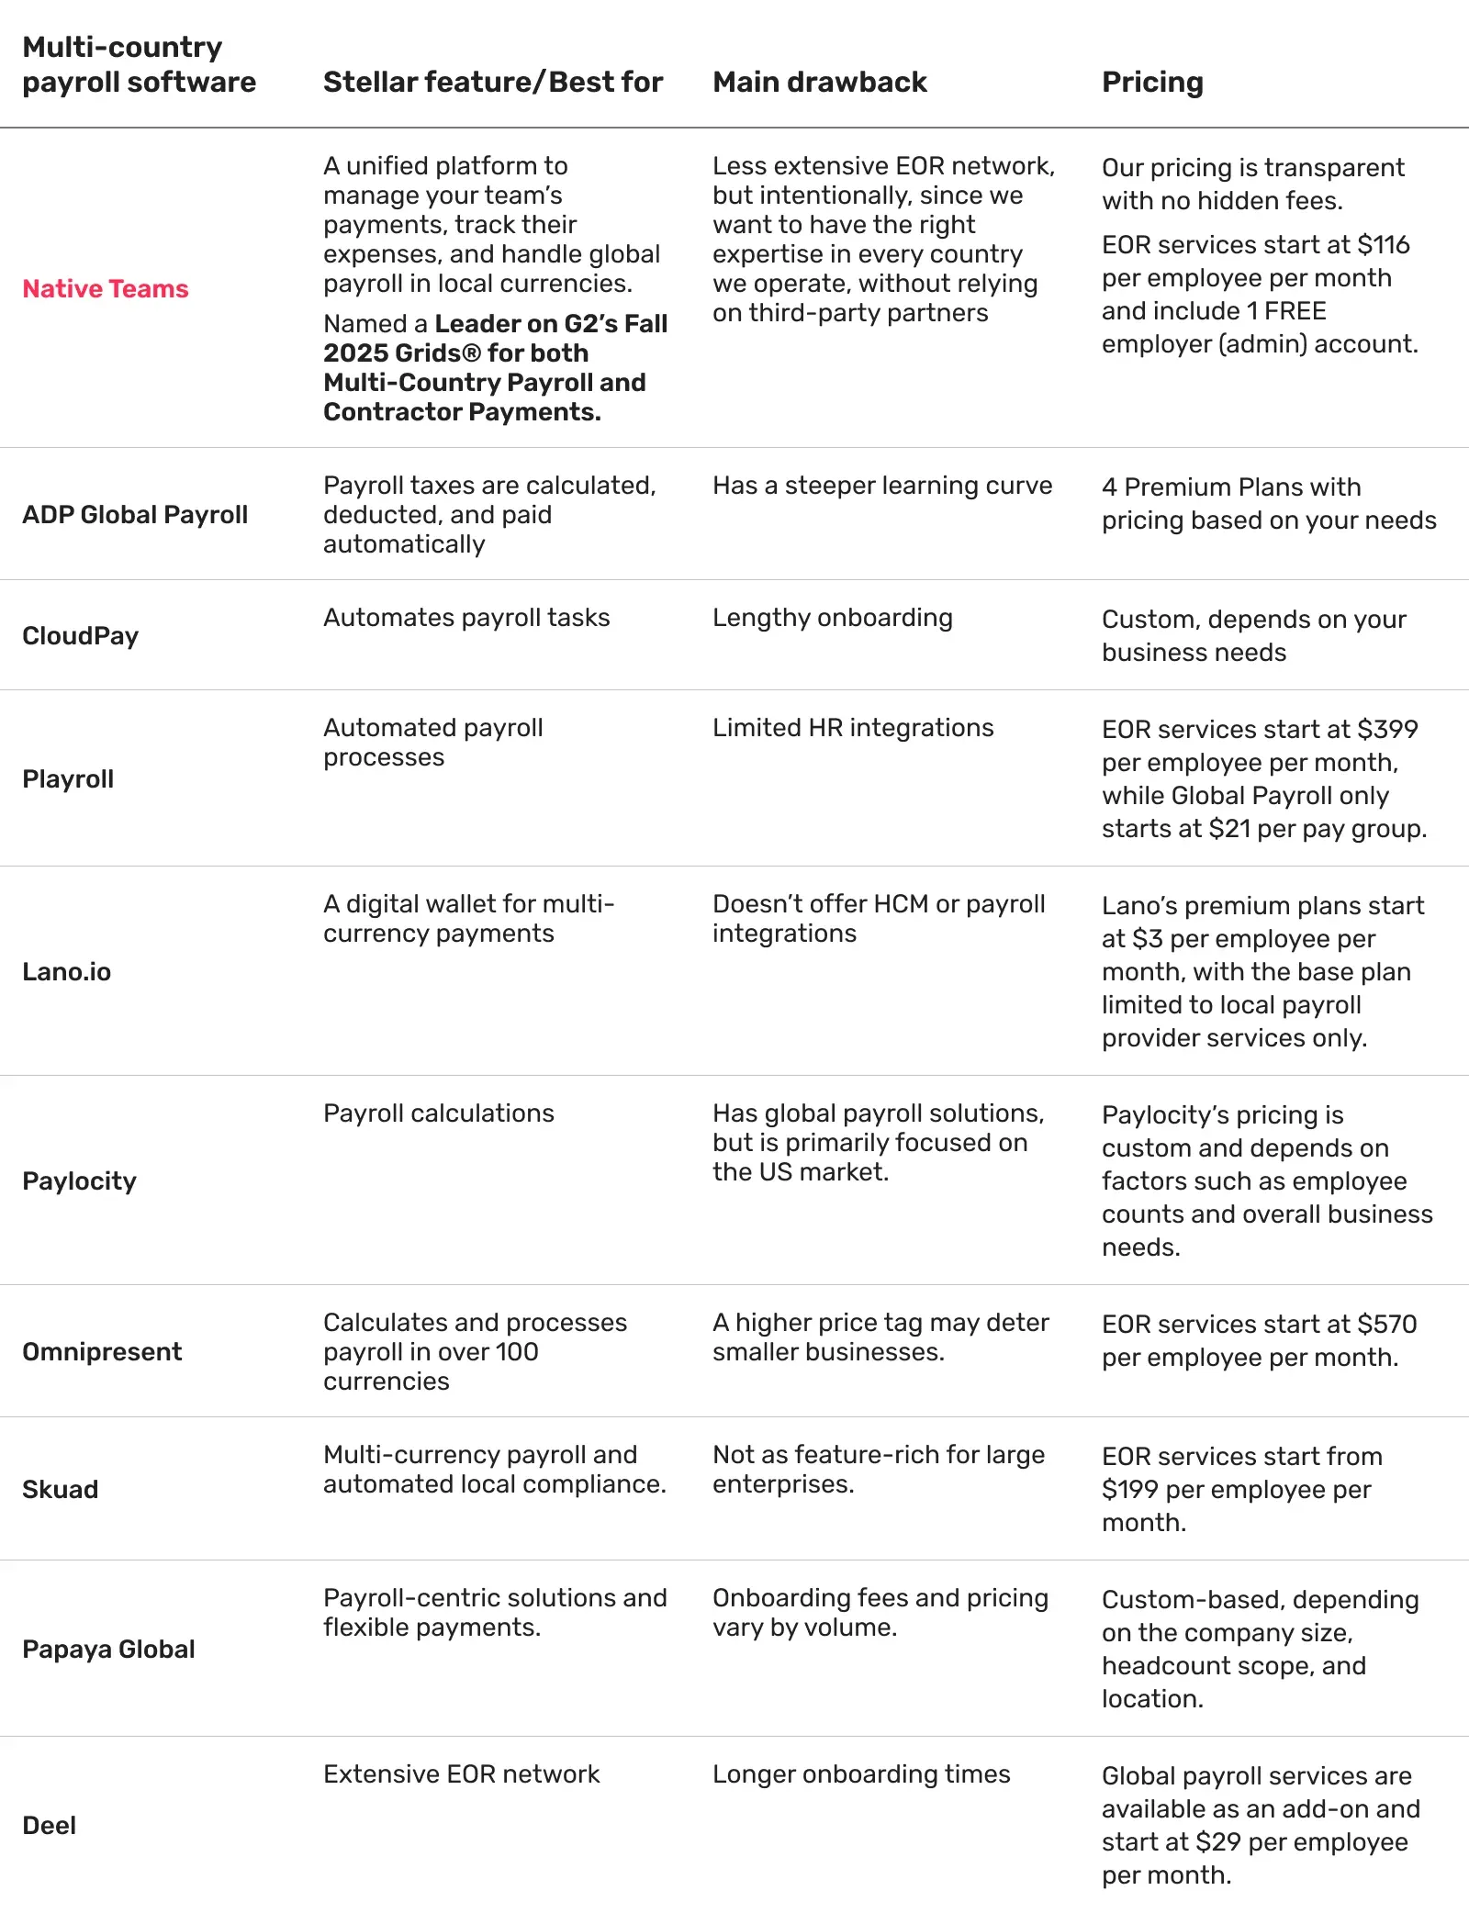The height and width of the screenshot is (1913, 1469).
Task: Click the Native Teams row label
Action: pos(106,289)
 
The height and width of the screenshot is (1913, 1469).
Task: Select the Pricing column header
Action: pos(1152,83)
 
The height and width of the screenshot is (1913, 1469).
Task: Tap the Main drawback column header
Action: pos(820,83)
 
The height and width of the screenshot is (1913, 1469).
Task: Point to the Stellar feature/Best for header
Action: pos(493,83)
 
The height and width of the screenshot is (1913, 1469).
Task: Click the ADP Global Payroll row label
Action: pos(135,515)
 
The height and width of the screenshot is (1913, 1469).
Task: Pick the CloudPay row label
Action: pos(81,636)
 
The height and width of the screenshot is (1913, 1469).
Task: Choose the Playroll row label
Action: pos(68,779)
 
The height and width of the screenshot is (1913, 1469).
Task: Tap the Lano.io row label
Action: pos(67,972)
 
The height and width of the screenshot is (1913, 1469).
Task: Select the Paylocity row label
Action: pos(79,1181)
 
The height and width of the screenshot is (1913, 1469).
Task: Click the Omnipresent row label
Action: pos(102,1352)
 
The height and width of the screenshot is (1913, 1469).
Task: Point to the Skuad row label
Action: pos(61,1490)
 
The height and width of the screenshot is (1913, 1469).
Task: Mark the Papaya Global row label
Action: pos(108,1650)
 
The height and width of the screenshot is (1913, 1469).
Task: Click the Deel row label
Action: pos(50,1826)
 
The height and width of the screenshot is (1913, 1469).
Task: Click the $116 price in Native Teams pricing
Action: pos(1384,245)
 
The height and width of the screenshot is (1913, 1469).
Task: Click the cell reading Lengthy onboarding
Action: pos(833,618)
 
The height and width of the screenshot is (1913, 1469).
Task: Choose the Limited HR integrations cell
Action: pos(853,728)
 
